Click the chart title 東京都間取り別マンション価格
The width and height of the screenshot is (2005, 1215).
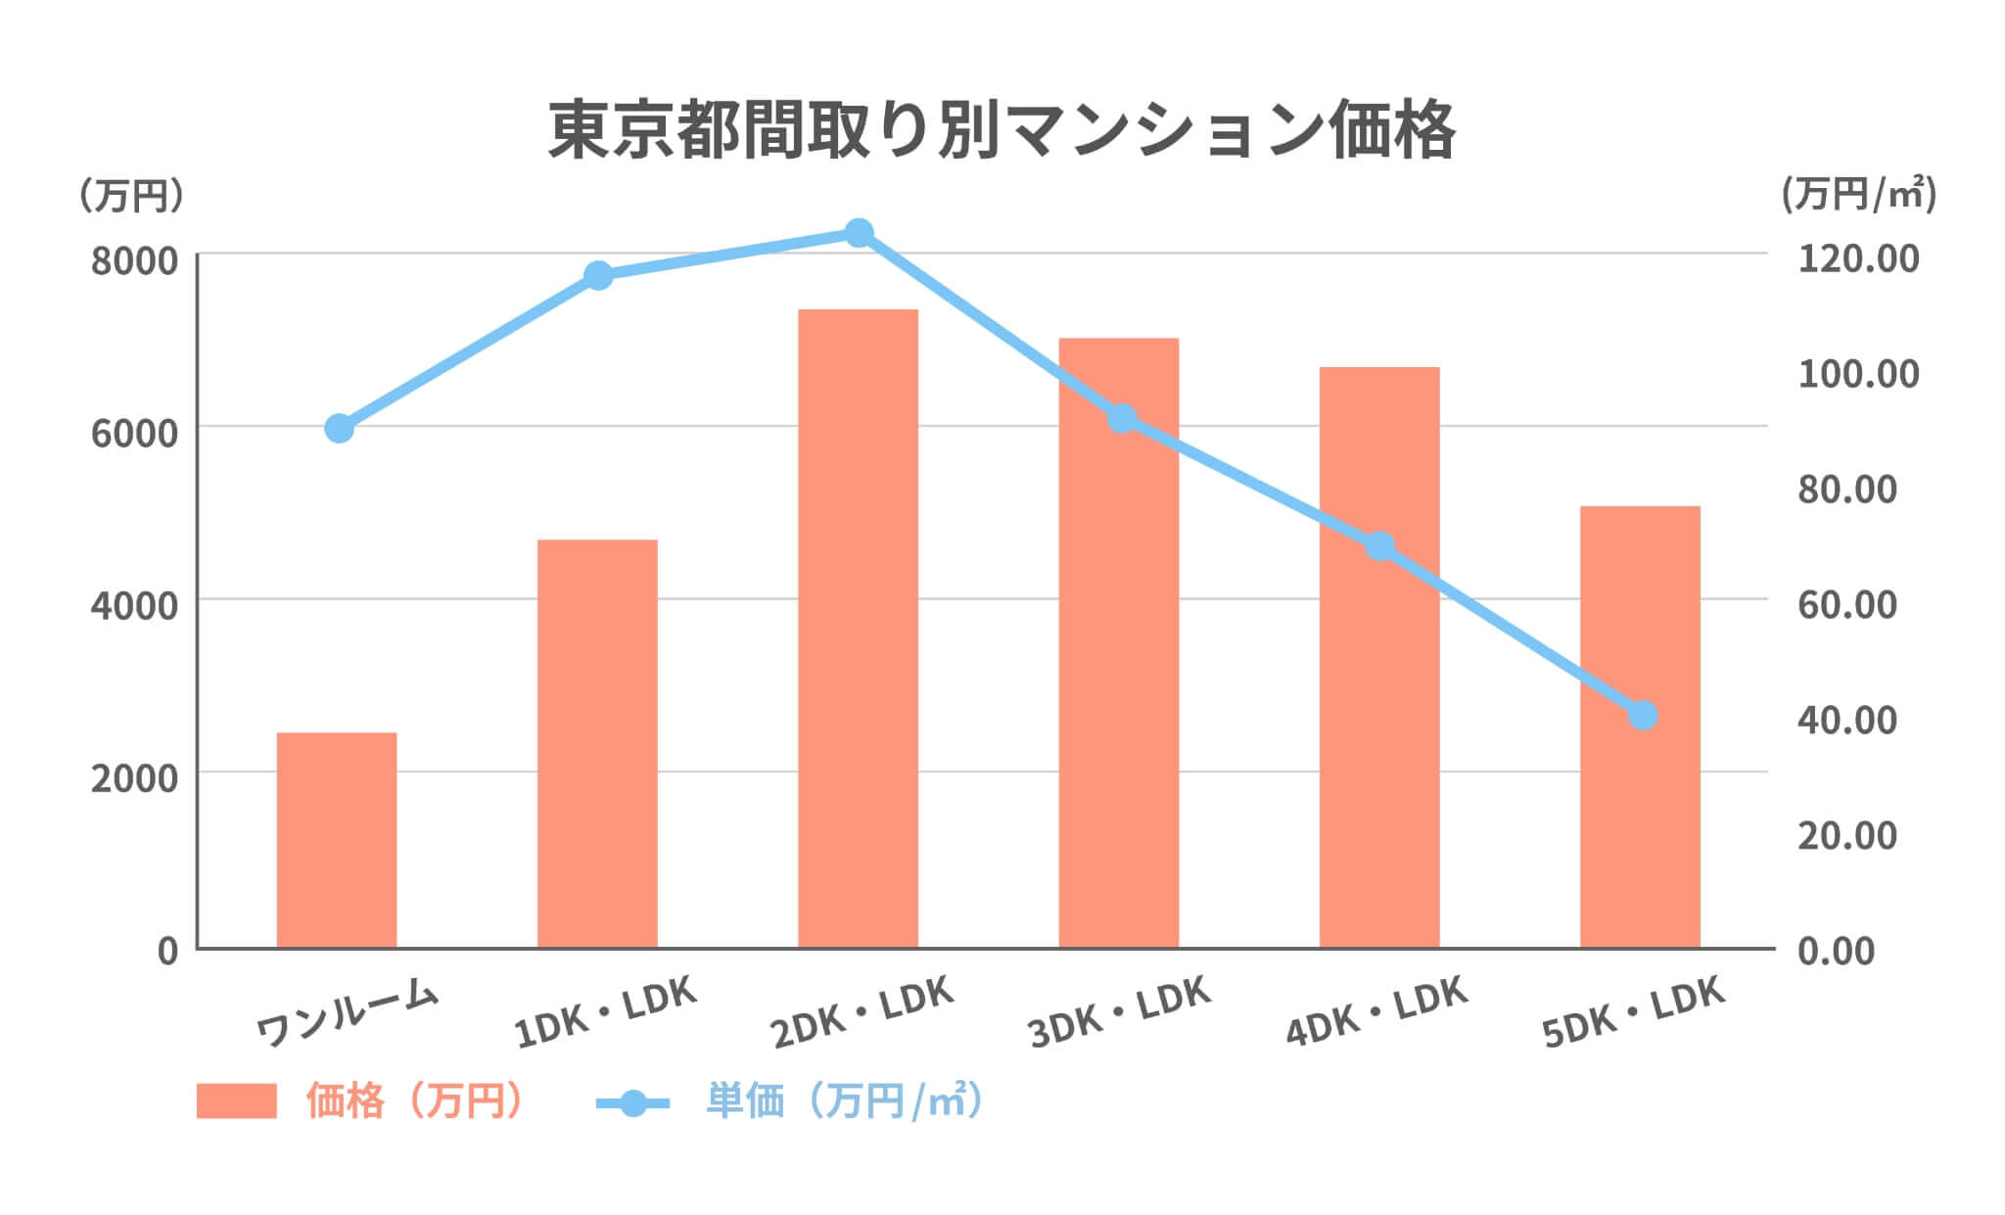[x=1002, y=130]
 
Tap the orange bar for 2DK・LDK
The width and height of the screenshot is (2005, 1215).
[x=858, y=628]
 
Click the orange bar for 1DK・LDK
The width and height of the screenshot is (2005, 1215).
[x=597, y=743]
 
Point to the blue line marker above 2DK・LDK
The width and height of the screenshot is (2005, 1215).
[x=859, y=233]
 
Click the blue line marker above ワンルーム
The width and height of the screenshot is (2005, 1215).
[x=339, y=428]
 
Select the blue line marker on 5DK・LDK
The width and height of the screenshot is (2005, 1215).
[x=1642, y=715]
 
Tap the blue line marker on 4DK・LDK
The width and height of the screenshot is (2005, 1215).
[x=1379, y=545]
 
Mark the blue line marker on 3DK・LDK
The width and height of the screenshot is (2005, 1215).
[x=1122, y=419]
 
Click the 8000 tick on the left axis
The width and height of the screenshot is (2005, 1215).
[x=134, y=261]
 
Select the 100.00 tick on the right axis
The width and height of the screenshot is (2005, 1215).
[x=1857, y=373]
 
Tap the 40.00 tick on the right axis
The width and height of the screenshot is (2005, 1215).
[x=1846, y=720]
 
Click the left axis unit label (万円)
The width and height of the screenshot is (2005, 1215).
[x=130, y=196]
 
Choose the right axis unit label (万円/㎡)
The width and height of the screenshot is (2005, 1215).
[x=1857, y=195]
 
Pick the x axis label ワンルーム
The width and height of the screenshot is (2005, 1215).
[x=347, y=1012]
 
